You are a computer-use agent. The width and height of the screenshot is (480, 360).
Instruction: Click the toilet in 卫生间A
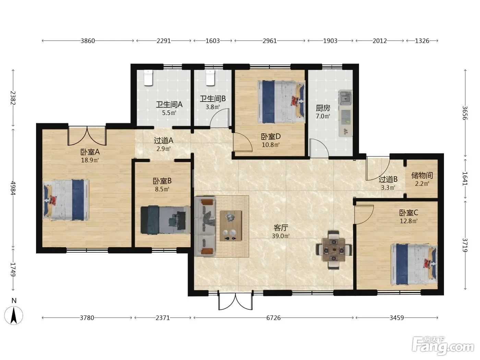click(x=148, y=77)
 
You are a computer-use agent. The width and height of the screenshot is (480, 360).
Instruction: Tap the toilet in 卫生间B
click(x=210, y=77)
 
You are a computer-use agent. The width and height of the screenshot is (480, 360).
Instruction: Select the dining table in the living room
click(x=334, y=250)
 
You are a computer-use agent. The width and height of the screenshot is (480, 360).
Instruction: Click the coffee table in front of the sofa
click(x=231, y=226)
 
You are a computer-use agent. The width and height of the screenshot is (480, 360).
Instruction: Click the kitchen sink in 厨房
click(x=346, y=98)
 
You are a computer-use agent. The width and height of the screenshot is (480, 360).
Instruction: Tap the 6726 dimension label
click(x=273, y=317)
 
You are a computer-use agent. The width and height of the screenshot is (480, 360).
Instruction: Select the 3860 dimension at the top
click(x=88, y=41)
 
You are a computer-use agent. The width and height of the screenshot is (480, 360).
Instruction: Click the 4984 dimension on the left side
click(x=13, y=188)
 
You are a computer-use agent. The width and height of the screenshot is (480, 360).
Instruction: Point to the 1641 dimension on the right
click(x=465, y=179)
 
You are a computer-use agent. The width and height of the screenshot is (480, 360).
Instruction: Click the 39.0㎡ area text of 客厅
click(x=281, y=236)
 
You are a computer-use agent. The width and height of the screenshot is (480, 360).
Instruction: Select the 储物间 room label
click(x=422, y=175)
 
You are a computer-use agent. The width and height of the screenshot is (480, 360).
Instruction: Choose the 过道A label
click(x=164, y=141)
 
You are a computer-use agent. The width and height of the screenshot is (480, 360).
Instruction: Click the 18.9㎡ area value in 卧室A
click(x=90, y=160)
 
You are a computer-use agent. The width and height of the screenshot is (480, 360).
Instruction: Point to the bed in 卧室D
click(x=281, y=102)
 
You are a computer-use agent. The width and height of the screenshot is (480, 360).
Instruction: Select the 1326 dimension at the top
click(x=422, y=41)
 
